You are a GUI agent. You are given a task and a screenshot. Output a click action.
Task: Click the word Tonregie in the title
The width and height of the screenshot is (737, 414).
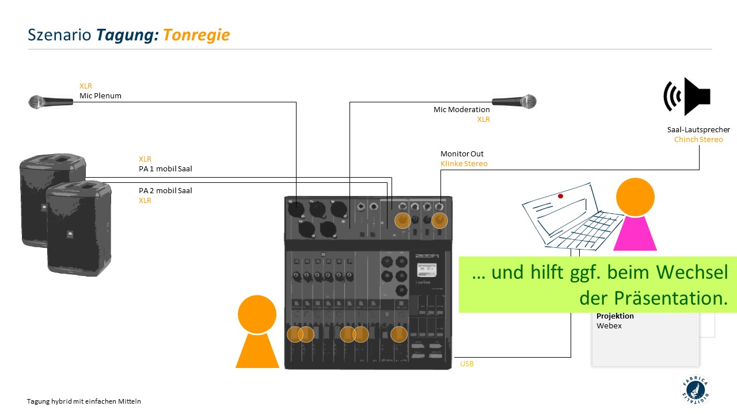(196, 35)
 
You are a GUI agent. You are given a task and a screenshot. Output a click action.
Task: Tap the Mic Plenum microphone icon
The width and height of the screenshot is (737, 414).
(51, 102)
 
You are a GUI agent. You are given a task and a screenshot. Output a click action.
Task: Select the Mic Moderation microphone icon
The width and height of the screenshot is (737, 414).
(514, 102)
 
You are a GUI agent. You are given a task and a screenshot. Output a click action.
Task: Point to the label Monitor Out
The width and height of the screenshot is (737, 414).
(462, 154)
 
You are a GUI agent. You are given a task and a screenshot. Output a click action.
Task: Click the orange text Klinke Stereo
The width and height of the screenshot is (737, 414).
(464, 164)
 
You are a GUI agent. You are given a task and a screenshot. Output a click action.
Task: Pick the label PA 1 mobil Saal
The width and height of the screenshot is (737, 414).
(165, 169)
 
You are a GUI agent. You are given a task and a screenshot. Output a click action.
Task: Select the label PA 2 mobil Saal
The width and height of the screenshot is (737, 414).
(165, 190)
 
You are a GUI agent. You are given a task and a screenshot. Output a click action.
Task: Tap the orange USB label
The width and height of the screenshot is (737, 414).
(466, 364)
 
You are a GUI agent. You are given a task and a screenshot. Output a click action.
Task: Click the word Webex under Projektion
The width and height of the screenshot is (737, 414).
(609, 326)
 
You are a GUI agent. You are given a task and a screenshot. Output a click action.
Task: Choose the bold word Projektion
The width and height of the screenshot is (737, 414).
(615, 316)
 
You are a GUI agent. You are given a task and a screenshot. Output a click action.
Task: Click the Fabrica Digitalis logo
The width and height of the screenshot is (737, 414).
(695, 390)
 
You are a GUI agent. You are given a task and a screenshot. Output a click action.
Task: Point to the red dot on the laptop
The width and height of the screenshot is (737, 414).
(560, 196)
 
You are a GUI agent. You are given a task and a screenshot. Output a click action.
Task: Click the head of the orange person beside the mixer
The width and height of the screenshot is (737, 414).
(257, 314)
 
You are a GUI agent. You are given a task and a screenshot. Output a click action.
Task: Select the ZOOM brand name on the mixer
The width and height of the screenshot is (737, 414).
(427, 256)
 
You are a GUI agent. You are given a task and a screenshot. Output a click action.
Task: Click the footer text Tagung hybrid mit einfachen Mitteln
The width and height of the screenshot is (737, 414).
(83, 401)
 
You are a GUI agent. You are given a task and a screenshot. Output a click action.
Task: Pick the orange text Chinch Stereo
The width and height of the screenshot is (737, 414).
(698, 140)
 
